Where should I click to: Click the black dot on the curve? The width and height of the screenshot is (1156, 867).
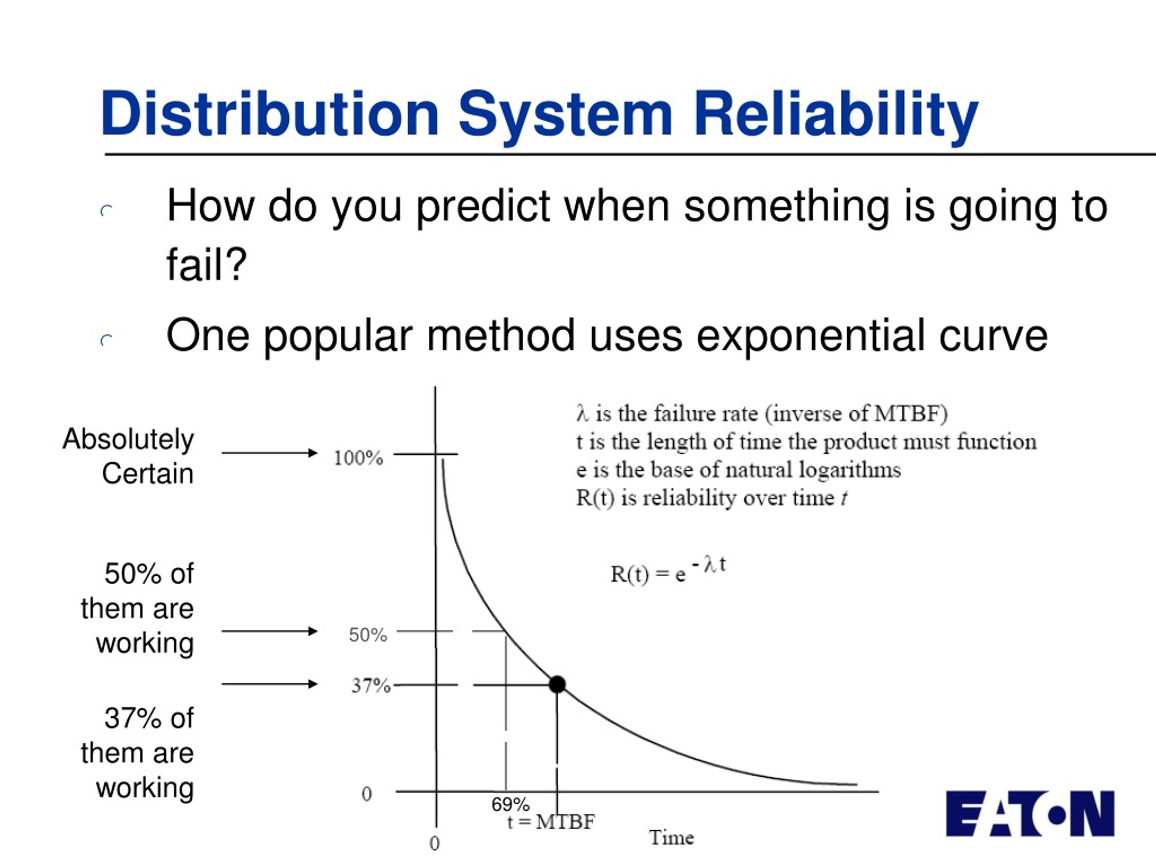tap(557, 684)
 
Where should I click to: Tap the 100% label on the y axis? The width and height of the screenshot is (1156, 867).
tap(359, 458)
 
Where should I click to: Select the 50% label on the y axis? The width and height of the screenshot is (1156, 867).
tap(368, 635)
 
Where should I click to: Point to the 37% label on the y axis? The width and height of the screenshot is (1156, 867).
tap(371, 685)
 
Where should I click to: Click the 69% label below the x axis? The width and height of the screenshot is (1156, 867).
tap(511, 804)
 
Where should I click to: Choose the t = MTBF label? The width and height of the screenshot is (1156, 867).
tap(551, 822)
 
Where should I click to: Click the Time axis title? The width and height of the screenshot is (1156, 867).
tap(671, 838)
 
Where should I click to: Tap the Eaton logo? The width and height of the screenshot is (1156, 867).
tap(1030, 814)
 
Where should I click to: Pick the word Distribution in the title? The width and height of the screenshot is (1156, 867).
tap(270, 113)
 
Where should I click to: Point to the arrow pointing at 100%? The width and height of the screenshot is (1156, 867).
tap(270, 452)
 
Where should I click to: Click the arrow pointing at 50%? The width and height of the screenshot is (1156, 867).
tap(270, 631)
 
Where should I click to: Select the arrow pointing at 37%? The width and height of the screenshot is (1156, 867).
tap(270, 684)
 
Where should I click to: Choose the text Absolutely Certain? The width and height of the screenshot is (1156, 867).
tap(129, 456)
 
